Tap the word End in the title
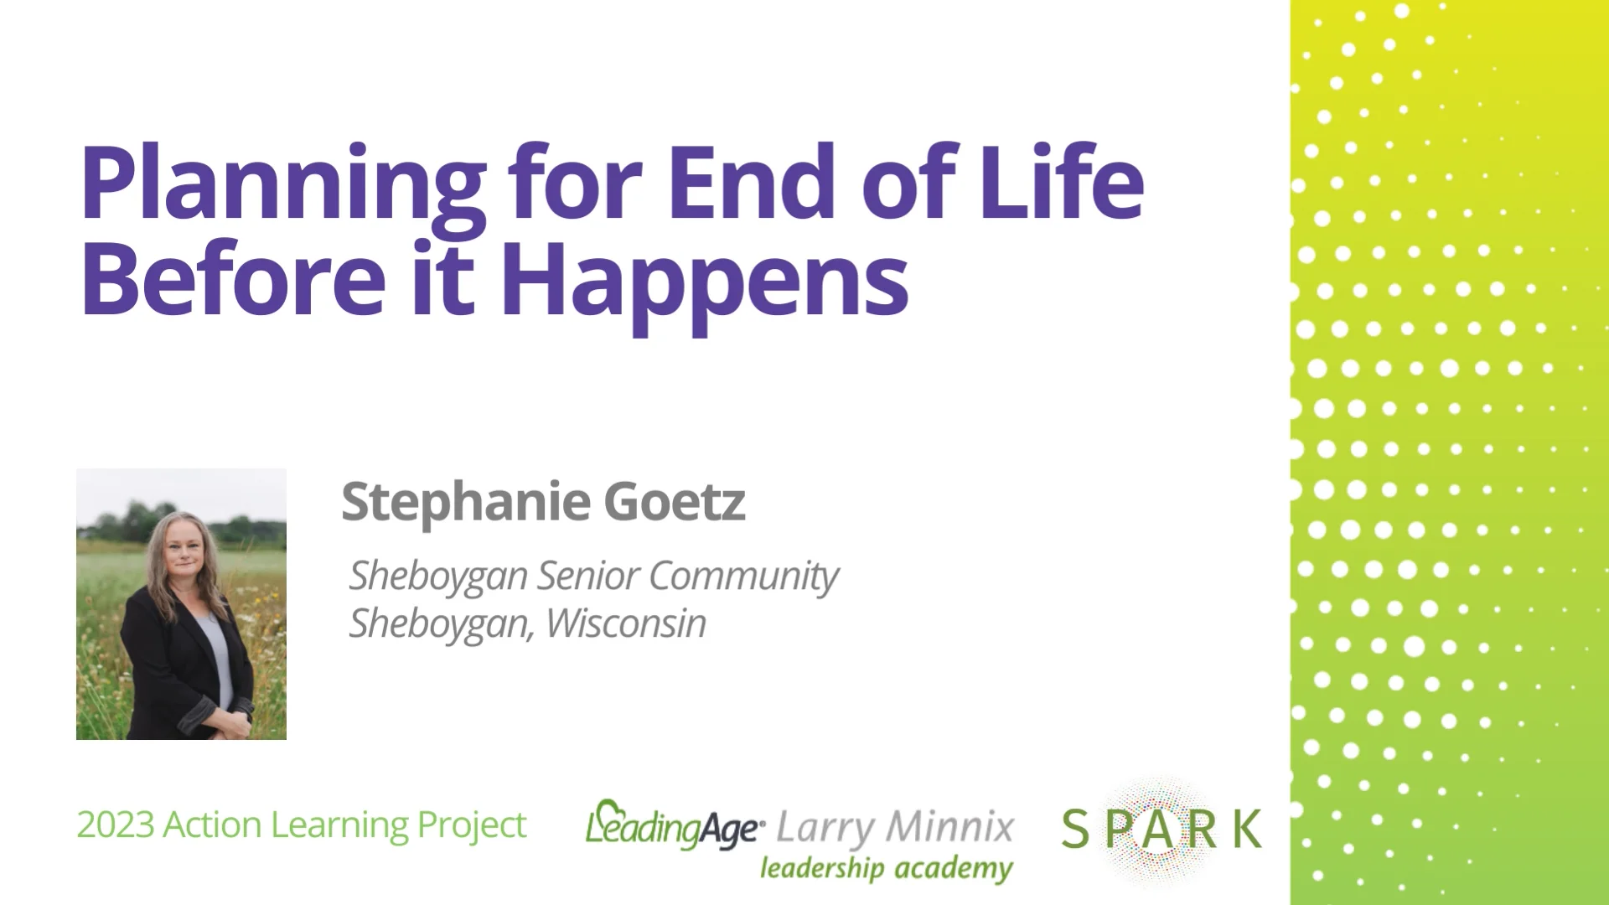[751, 183]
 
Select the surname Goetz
[674, 502]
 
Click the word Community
[742, 577]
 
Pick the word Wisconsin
[625, 623]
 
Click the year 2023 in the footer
[116, 825]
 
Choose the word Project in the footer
[472, 826]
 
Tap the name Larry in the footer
[825, 828]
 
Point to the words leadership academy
[886, 869]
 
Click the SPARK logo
[1161, 829]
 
